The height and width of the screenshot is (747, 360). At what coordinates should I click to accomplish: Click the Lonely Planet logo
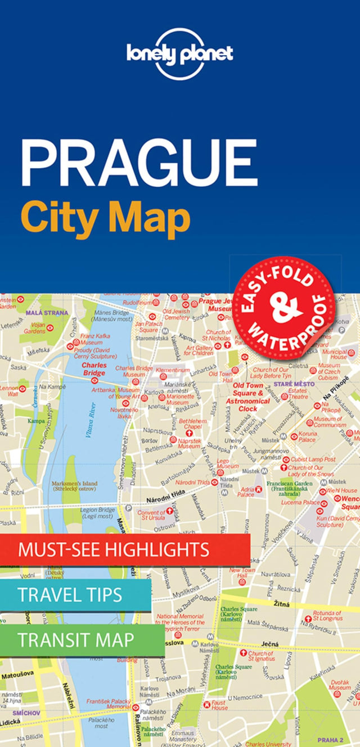point(179,53)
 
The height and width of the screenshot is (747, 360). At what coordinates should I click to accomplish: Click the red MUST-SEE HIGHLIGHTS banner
point(125,549)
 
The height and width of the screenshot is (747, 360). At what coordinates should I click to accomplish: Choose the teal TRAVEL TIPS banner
point(75,595)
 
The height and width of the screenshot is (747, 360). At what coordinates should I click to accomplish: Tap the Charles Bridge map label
point(94,368)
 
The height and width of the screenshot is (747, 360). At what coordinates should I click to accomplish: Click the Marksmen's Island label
point(74,486)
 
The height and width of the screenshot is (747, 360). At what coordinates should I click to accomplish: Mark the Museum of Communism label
point(327,422)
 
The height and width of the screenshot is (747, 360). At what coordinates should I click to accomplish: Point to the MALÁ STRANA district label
point(50,312)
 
